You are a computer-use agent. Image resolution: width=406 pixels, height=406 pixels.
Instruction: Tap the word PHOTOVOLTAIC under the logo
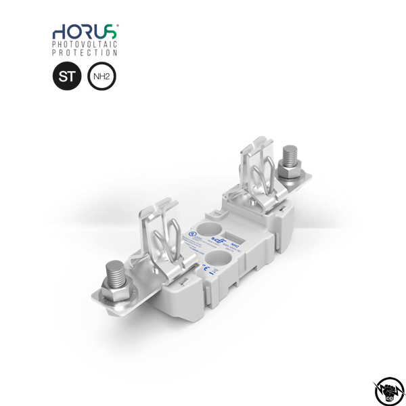click(85, 44)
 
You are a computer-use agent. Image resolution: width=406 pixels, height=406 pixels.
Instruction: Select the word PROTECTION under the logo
click(85, 53)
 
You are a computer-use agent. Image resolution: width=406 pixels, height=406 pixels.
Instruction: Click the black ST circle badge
click(66, 77)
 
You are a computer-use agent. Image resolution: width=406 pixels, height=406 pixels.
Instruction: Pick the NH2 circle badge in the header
click(101, 77)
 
